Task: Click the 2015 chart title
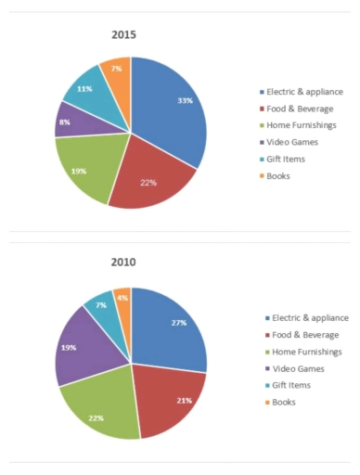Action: click(x=123, y=36)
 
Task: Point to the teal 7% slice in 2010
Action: click(x=100, y=305)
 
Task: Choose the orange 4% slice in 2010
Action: click(x=122, y=299)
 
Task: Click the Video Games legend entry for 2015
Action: click(x=293, y=141)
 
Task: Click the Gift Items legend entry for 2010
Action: click(x=289, y=385)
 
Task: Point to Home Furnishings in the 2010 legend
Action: click(x=302, y=352)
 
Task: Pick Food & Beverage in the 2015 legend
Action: click(x=301, y=108)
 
